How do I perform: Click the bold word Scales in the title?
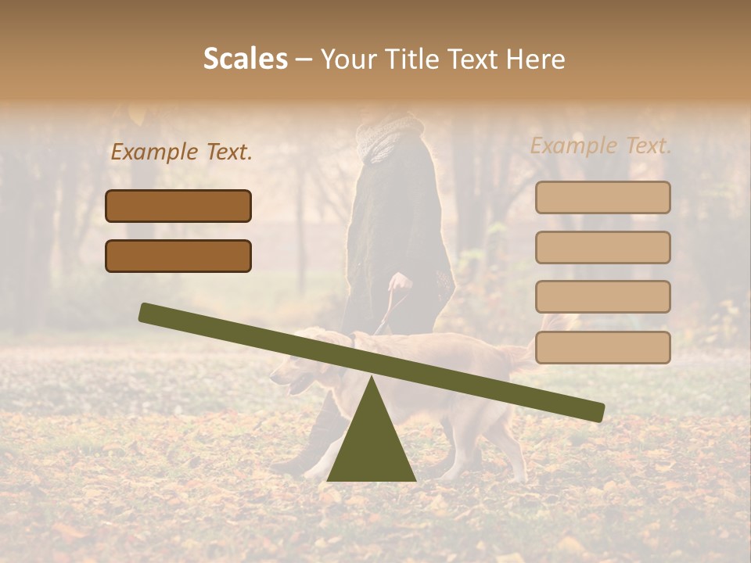pos(245,59)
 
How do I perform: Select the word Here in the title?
pos(536,59)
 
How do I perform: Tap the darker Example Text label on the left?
pos(181,152)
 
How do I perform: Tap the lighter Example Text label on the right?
pos(601,145)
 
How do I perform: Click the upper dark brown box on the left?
pos(178,206)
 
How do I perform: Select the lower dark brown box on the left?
pos(178,256)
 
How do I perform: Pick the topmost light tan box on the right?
pos(602,197)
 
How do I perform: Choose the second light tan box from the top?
pos(602,247)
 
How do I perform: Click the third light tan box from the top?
pos(602,296)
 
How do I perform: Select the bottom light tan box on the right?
pos(602,347)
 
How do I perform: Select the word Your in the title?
pos(348,59)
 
